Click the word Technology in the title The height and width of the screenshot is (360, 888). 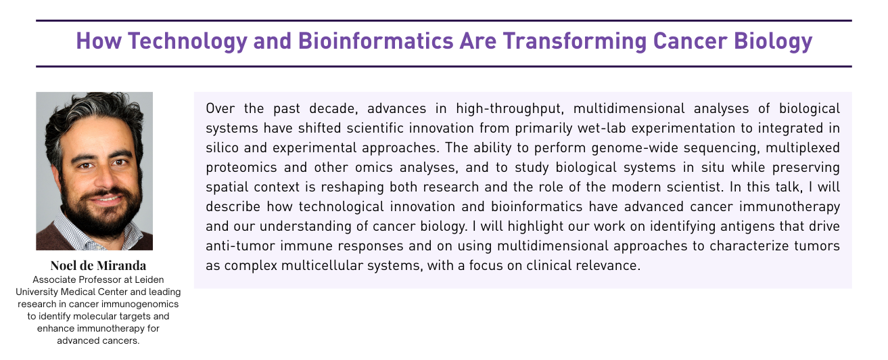[x=187, y=41]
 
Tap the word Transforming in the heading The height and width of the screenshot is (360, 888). [x=575, y=41]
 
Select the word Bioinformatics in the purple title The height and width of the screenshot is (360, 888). [x=375, y=41]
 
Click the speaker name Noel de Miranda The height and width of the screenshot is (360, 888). [x=98, y=265]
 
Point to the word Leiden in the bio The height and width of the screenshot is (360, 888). [x=149, y=279]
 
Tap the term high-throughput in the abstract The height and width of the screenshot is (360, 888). [x=510, y=109]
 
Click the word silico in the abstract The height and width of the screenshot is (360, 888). [x=222, y=148]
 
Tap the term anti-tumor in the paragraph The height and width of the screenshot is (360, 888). [x=240, y=246]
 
